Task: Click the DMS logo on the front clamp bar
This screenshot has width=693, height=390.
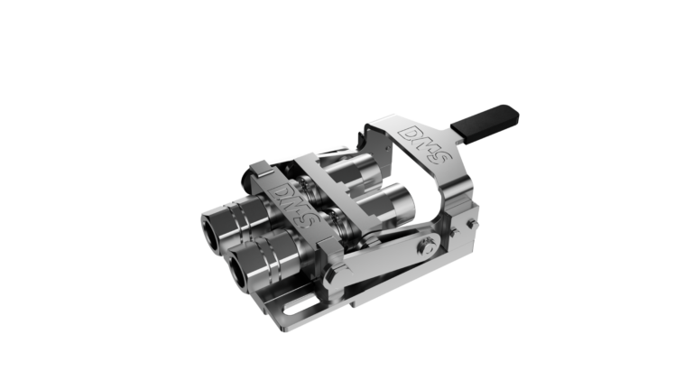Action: click(x=292, y=204)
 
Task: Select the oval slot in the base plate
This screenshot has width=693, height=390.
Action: click(x=300, y=306)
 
